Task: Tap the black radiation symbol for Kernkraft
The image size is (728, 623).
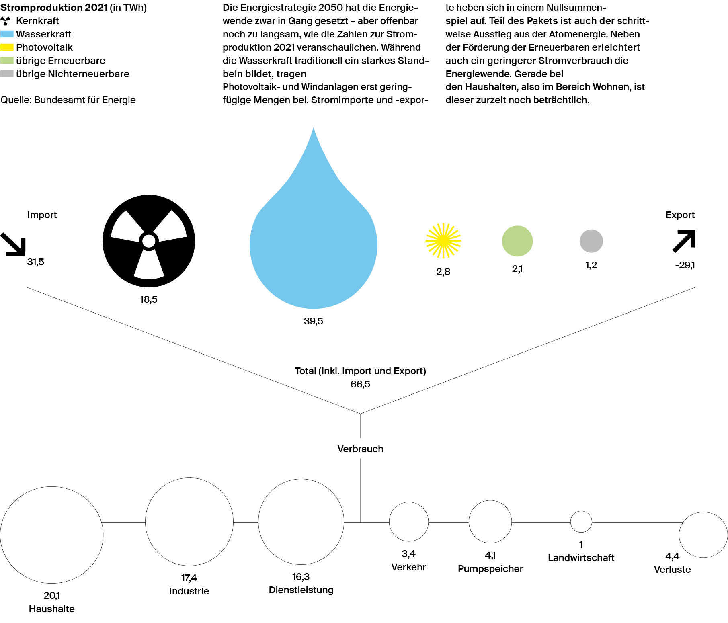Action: pos(149,241)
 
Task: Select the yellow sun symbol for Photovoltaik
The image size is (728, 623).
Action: pos(443,241)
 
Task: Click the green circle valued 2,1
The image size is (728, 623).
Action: pos(517,241)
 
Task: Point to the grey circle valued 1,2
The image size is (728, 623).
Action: pos(591,241)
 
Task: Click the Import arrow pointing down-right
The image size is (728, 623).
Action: pos(13,244)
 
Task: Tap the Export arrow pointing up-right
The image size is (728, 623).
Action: pos(684,241)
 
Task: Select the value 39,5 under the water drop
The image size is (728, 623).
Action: pos(314,321)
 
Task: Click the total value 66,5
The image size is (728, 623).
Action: pos(360,384)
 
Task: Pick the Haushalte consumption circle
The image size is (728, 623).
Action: pos(52,535)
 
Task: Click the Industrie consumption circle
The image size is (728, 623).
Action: pos(189,522)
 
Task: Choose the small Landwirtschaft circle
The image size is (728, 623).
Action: pos(581,522)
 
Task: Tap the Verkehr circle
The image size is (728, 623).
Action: pos(409,522)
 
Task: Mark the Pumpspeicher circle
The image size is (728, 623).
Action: pos(490,522)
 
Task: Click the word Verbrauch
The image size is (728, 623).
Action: pos(361,449)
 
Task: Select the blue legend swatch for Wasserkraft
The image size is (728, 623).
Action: pos(7,34)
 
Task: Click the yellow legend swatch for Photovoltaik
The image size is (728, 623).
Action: pos(7,47)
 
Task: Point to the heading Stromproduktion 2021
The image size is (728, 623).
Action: pos(54,8)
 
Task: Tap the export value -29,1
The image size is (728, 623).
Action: pos(685,265)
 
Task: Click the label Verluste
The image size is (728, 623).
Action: pos(673,570)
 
